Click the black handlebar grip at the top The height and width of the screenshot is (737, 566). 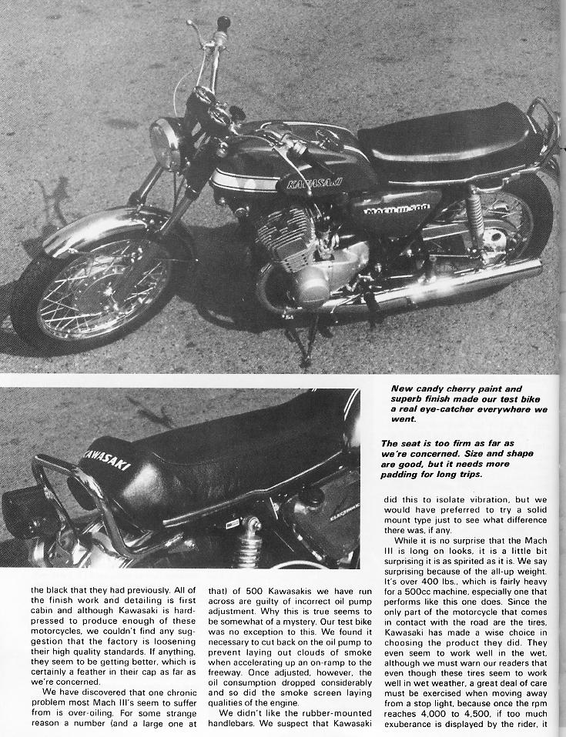pos(223,22)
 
